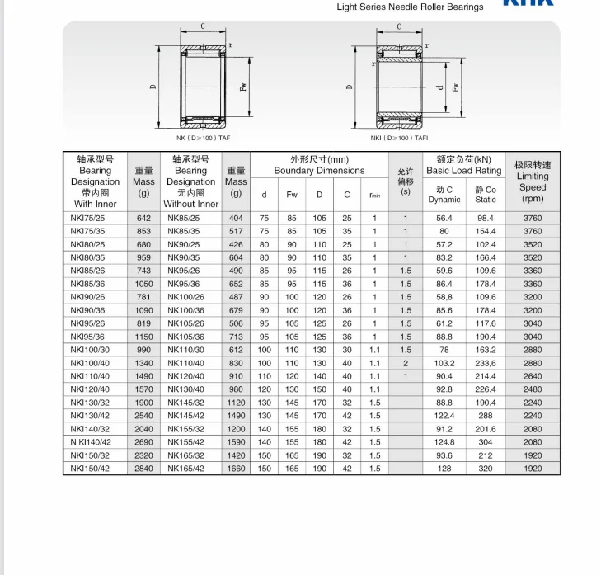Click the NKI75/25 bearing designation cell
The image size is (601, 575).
coord(88,218)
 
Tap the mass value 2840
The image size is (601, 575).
coord(143,469)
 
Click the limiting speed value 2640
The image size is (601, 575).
coord(533,376)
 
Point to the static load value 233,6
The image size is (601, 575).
coord(486,363)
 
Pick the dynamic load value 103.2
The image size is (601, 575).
coord(444,363)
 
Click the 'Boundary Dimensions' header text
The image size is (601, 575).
coord(319,171)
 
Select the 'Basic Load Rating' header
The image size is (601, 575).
coord(464,171)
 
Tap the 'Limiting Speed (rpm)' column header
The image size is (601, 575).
coord(533,181)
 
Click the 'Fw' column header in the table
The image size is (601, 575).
coord(292,195)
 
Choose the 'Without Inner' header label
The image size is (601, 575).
coord(191,204)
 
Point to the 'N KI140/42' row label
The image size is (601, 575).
coord(91,442)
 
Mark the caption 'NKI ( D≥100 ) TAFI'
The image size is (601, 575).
coord(399,138)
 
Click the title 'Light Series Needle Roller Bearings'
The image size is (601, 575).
coord(410,7)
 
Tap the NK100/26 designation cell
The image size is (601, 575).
coord(185,297)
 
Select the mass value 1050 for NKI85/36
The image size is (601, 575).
coord(143,284)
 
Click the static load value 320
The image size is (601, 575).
coord(486,469)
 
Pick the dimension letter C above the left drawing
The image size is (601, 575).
coord(203,26)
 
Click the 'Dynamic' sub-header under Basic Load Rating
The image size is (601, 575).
coord(444,200)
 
